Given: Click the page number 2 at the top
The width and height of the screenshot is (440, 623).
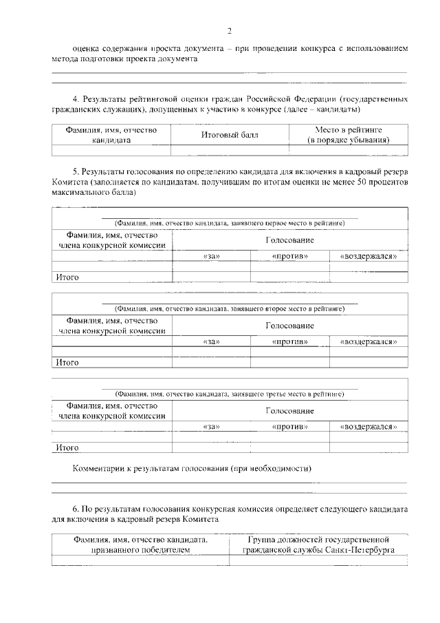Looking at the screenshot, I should click(230, 30).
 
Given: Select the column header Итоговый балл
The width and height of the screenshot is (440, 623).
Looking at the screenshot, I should click(230, 135).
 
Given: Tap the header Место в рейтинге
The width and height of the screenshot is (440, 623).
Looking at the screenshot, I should click(349, 129).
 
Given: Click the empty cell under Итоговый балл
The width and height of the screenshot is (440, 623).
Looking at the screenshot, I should click(230, 149).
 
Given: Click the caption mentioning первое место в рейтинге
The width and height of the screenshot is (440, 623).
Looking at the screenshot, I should click(230, 224).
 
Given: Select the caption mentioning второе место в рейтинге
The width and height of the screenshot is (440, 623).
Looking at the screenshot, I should click(230, 309).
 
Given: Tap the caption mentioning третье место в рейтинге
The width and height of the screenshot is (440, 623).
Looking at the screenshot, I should click(230, 394).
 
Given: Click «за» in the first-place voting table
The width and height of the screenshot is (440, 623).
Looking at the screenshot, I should click(211, 256).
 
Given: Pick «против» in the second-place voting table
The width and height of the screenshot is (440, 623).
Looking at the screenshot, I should click(289, 341).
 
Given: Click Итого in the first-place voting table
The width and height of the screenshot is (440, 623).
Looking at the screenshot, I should click(67, 277).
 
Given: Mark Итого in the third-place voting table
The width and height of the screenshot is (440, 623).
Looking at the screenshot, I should click(67, 447).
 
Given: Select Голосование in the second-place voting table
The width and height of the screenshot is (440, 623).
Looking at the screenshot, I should click(289, 325).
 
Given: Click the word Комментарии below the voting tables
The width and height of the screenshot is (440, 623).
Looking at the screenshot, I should click(100, 469).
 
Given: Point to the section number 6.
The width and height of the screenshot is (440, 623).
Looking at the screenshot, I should click(76, 510).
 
